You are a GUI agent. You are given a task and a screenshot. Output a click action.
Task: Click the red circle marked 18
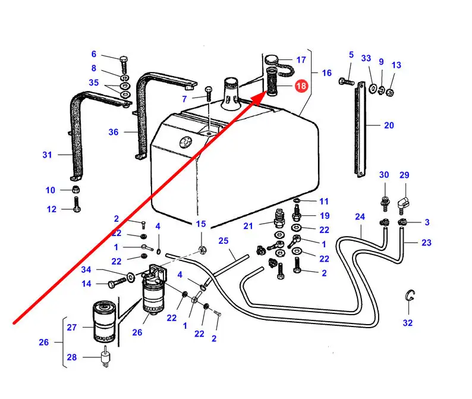[x=301, y=86]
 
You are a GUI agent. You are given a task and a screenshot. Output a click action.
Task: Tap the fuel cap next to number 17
[x=272, y=59]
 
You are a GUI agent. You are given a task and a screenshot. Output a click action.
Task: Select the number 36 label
[x=114, y=132]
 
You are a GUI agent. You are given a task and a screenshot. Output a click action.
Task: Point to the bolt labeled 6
[x=124, y=64]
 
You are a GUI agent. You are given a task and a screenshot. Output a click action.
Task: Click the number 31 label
[x=48, y=155]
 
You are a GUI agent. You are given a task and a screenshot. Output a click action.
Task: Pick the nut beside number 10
[x=76, y=190]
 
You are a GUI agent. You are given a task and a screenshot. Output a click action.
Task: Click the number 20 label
[x=389, y=125]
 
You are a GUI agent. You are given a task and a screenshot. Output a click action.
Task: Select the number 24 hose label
[x=360, y=217]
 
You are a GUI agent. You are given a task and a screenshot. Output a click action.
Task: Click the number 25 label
[x=224, y=241]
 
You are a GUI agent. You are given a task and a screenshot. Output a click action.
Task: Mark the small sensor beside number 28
[x=105, y=357]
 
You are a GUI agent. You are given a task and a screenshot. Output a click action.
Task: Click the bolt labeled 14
[x=117, y=283]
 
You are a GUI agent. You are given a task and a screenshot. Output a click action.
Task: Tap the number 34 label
[x=86, y=269]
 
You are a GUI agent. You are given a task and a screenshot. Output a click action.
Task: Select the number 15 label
[x=201, y=224]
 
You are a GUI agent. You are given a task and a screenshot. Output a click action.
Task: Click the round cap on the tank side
[x=185, y=142]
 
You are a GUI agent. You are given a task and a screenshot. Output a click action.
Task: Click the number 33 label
[x=366, y=58]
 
